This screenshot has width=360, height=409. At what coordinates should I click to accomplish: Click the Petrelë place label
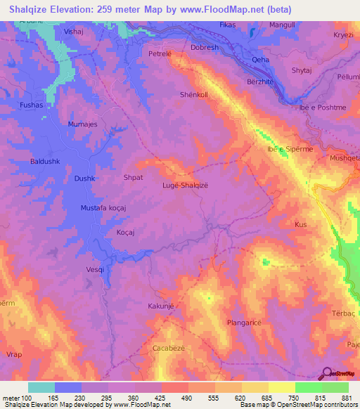(160, 53)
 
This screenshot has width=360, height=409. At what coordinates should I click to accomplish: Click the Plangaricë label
(245, 323)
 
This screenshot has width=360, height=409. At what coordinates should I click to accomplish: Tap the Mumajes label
(82, 124)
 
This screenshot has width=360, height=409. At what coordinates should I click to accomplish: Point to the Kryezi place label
(345, 34)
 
